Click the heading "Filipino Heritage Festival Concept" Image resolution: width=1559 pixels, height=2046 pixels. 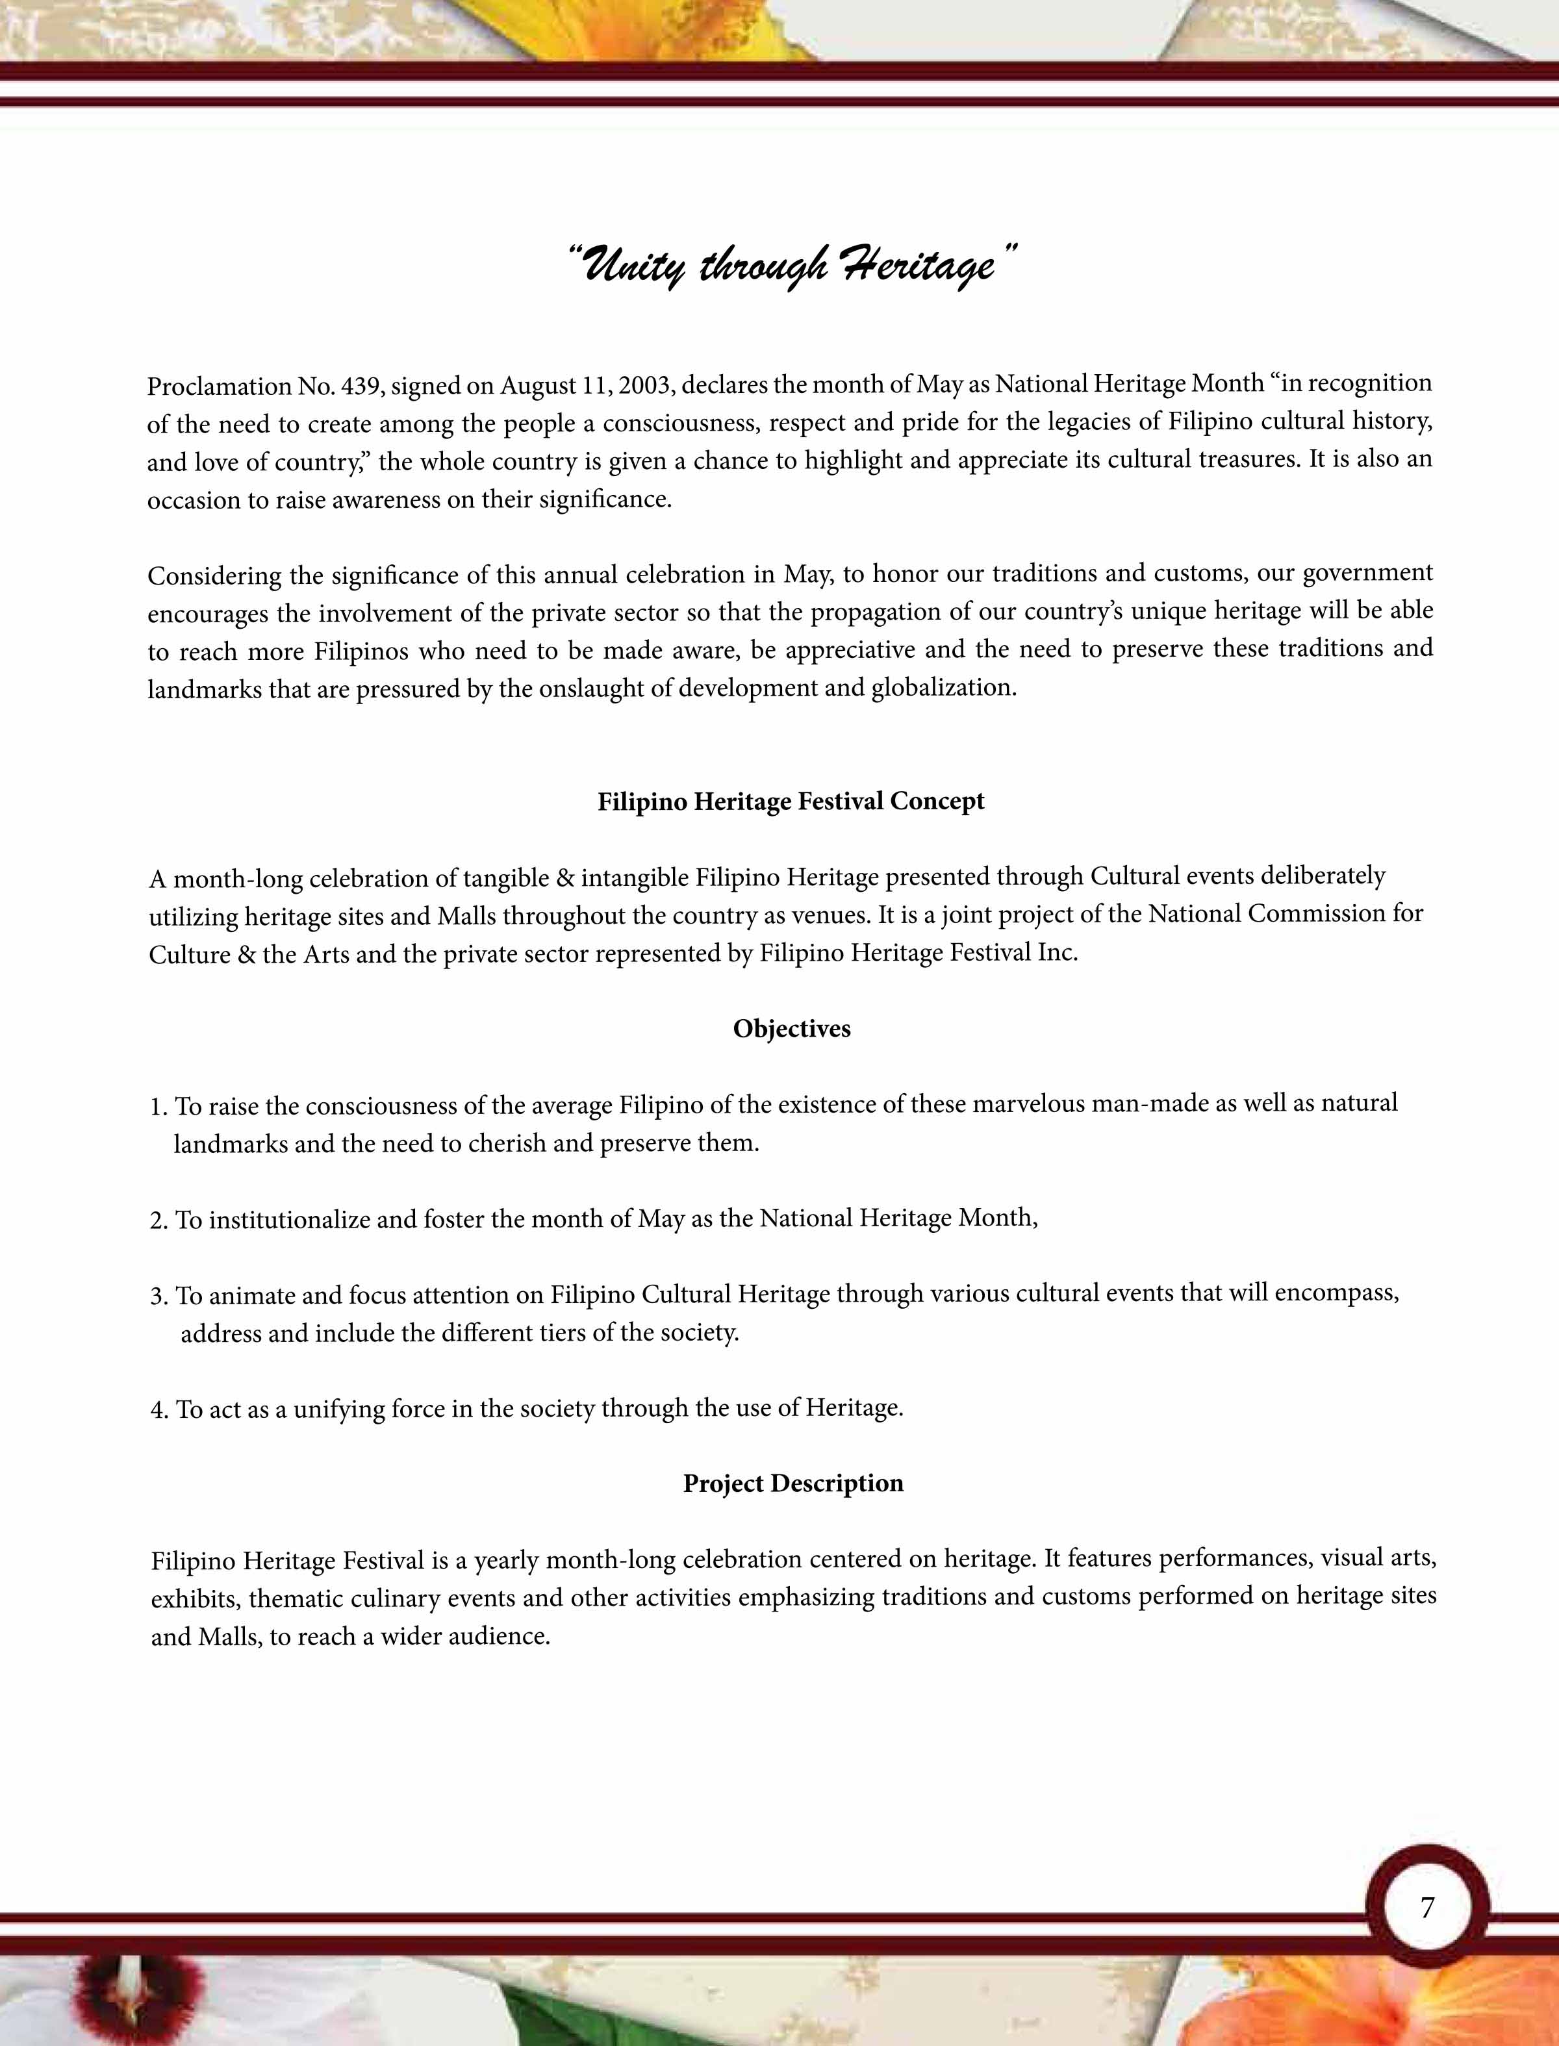click(x=791, y=802)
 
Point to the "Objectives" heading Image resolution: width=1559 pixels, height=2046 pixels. click(x=792, y=1029)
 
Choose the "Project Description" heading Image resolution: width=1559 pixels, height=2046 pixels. click(x=793, y=1483)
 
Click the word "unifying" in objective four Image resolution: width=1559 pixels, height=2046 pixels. click(x=338, y=1409)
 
